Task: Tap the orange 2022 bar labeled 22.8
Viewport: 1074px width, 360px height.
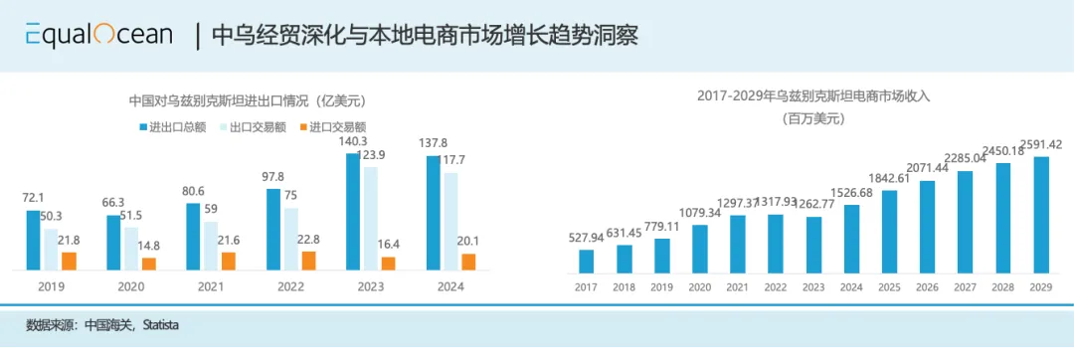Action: (308, 260)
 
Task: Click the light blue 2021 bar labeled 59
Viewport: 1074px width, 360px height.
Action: (211, 245)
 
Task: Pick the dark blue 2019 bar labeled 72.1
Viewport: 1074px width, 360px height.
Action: (34, 240)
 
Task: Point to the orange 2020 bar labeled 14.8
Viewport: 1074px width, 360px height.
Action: (149, 264)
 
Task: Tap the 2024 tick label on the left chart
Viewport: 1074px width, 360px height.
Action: (450, 286)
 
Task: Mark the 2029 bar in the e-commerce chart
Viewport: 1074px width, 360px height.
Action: (1041, 215)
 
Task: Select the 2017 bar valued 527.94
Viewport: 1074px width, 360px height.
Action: (587, 261)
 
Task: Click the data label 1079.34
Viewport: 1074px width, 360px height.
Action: (699, 213)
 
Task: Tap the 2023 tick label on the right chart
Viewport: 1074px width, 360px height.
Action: (813, 286)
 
